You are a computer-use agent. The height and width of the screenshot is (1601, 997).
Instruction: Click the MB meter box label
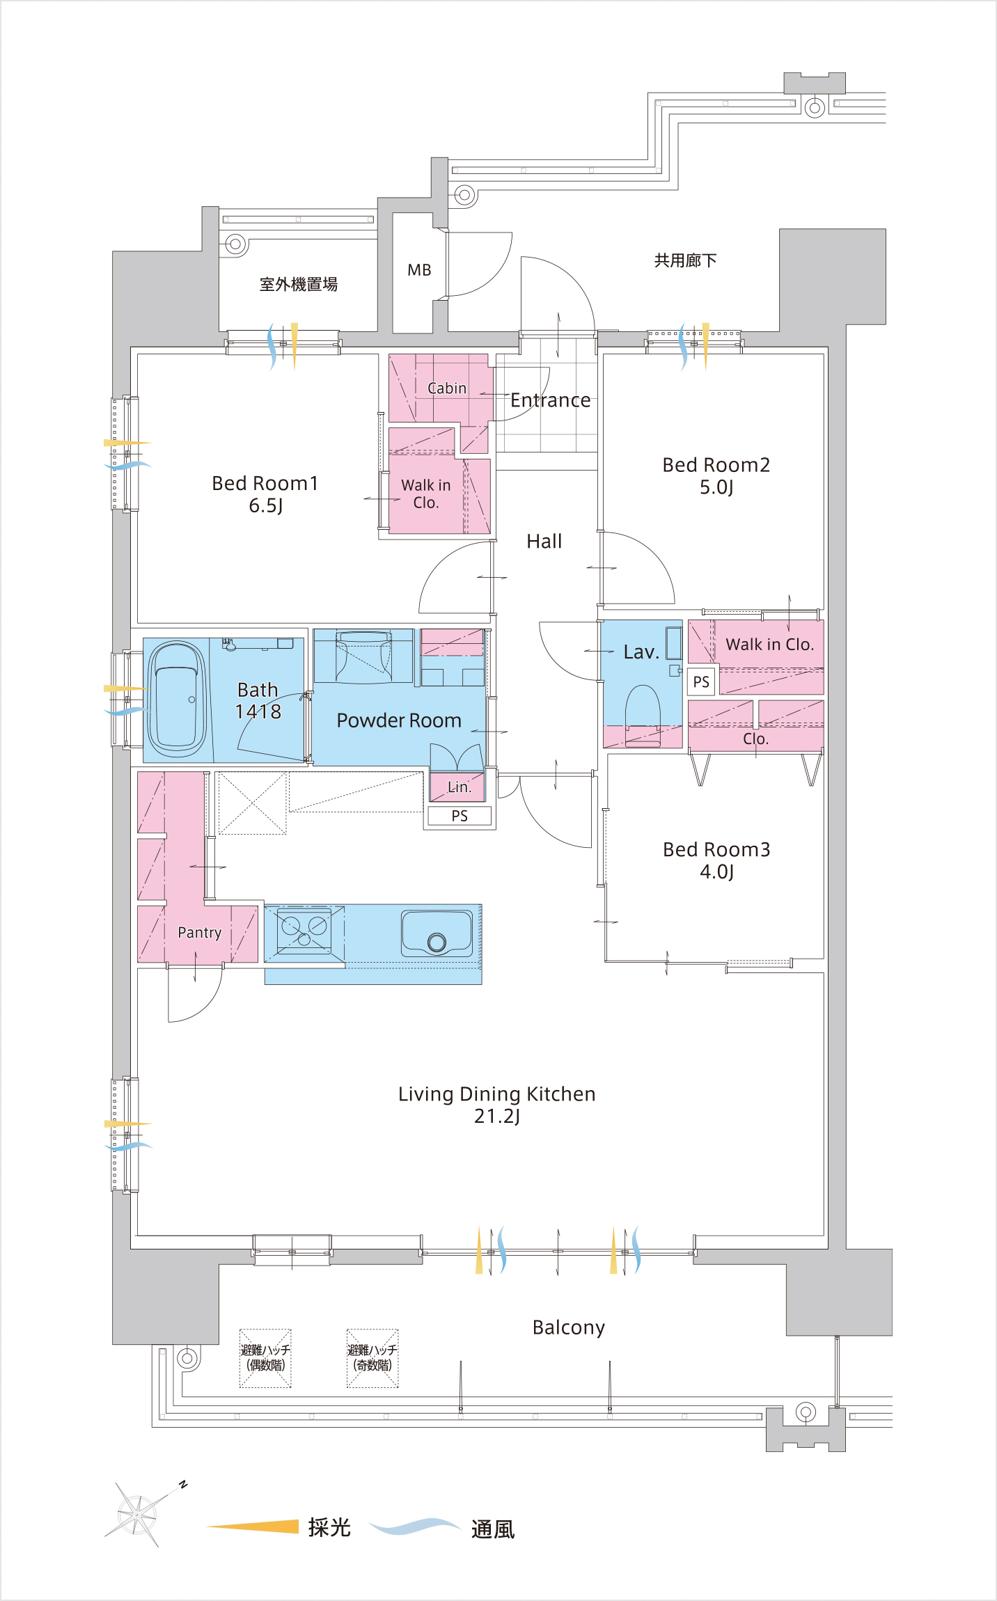click(x=419, y=270)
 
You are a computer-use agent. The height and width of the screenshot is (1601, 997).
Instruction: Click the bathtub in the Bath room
click(x=177, y=700)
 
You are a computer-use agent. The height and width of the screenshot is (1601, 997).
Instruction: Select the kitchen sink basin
click(x=437, y=933)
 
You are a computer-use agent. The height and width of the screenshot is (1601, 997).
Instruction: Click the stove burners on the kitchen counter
click(x=304, y=930)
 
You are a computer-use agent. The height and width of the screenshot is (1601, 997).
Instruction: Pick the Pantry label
click(x=200, y=933)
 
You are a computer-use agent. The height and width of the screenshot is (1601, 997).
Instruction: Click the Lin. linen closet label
click(x=460, y=787)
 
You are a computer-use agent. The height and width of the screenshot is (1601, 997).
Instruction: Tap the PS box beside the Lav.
click(x=701, y=681)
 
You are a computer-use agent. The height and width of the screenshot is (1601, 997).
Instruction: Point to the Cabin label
click(x=447, y=388)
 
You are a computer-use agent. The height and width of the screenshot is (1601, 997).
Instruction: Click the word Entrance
click(x=551, y=400)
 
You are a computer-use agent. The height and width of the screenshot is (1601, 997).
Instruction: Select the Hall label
click(x=544, y=541)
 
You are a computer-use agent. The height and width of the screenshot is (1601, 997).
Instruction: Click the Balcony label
click(x=569, y=1327)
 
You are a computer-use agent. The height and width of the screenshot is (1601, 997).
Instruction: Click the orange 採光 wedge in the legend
click(x=253, y=1527)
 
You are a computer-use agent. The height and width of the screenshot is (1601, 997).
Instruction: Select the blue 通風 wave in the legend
click(x=415, y=1527)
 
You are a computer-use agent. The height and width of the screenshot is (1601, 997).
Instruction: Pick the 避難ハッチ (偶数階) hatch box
click(x=265, y=1358)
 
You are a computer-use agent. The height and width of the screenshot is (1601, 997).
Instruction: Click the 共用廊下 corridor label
click(x=686, y=260)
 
